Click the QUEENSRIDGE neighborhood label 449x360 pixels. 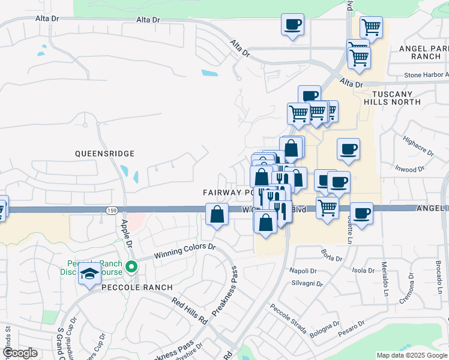tap(104, 154)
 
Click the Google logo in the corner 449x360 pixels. tap(20, 353)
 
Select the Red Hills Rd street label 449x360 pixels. tap(190, 311)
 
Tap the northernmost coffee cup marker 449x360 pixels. tap(292, 25)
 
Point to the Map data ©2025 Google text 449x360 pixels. tap(412, 355)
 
